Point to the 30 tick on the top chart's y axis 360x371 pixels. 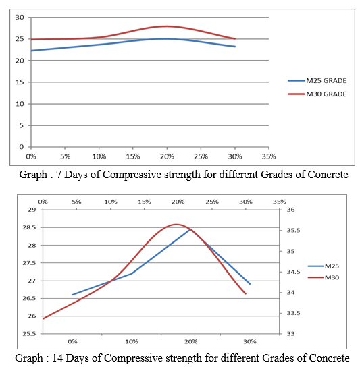click(x=20, y=17)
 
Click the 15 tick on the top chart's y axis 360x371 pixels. click(x=20, y=82)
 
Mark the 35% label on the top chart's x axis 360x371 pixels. click(x=269, y=156)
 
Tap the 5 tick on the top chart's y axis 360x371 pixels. click(x=22, y=125)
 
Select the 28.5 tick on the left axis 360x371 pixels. click(x=29, y=227)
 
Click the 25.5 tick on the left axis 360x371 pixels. click(x=29, y=334)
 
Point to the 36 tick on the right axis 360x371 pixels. click(x=290, y=210)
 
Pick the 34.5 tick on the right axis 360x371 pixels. click(x=293, y=272)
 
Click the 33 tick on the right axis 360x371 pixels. click(x=290, y=334)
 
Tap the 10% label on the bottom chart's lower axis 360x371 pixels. click(x=132, y=342)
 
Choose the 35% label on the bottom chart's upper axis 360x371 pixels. click(x=280, y=202)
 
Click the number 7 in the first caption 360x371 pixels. click(x=59, y=175)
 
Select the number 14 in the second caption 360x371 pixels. click(x=57, y=358)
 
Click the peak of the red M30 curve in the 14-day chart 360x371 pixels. click(x=176, y=225)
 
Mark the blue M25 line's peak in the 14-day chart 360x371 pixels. click(x=190, y=229)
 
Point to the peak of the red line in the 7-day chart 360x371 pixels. click(x=167, y=26)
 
